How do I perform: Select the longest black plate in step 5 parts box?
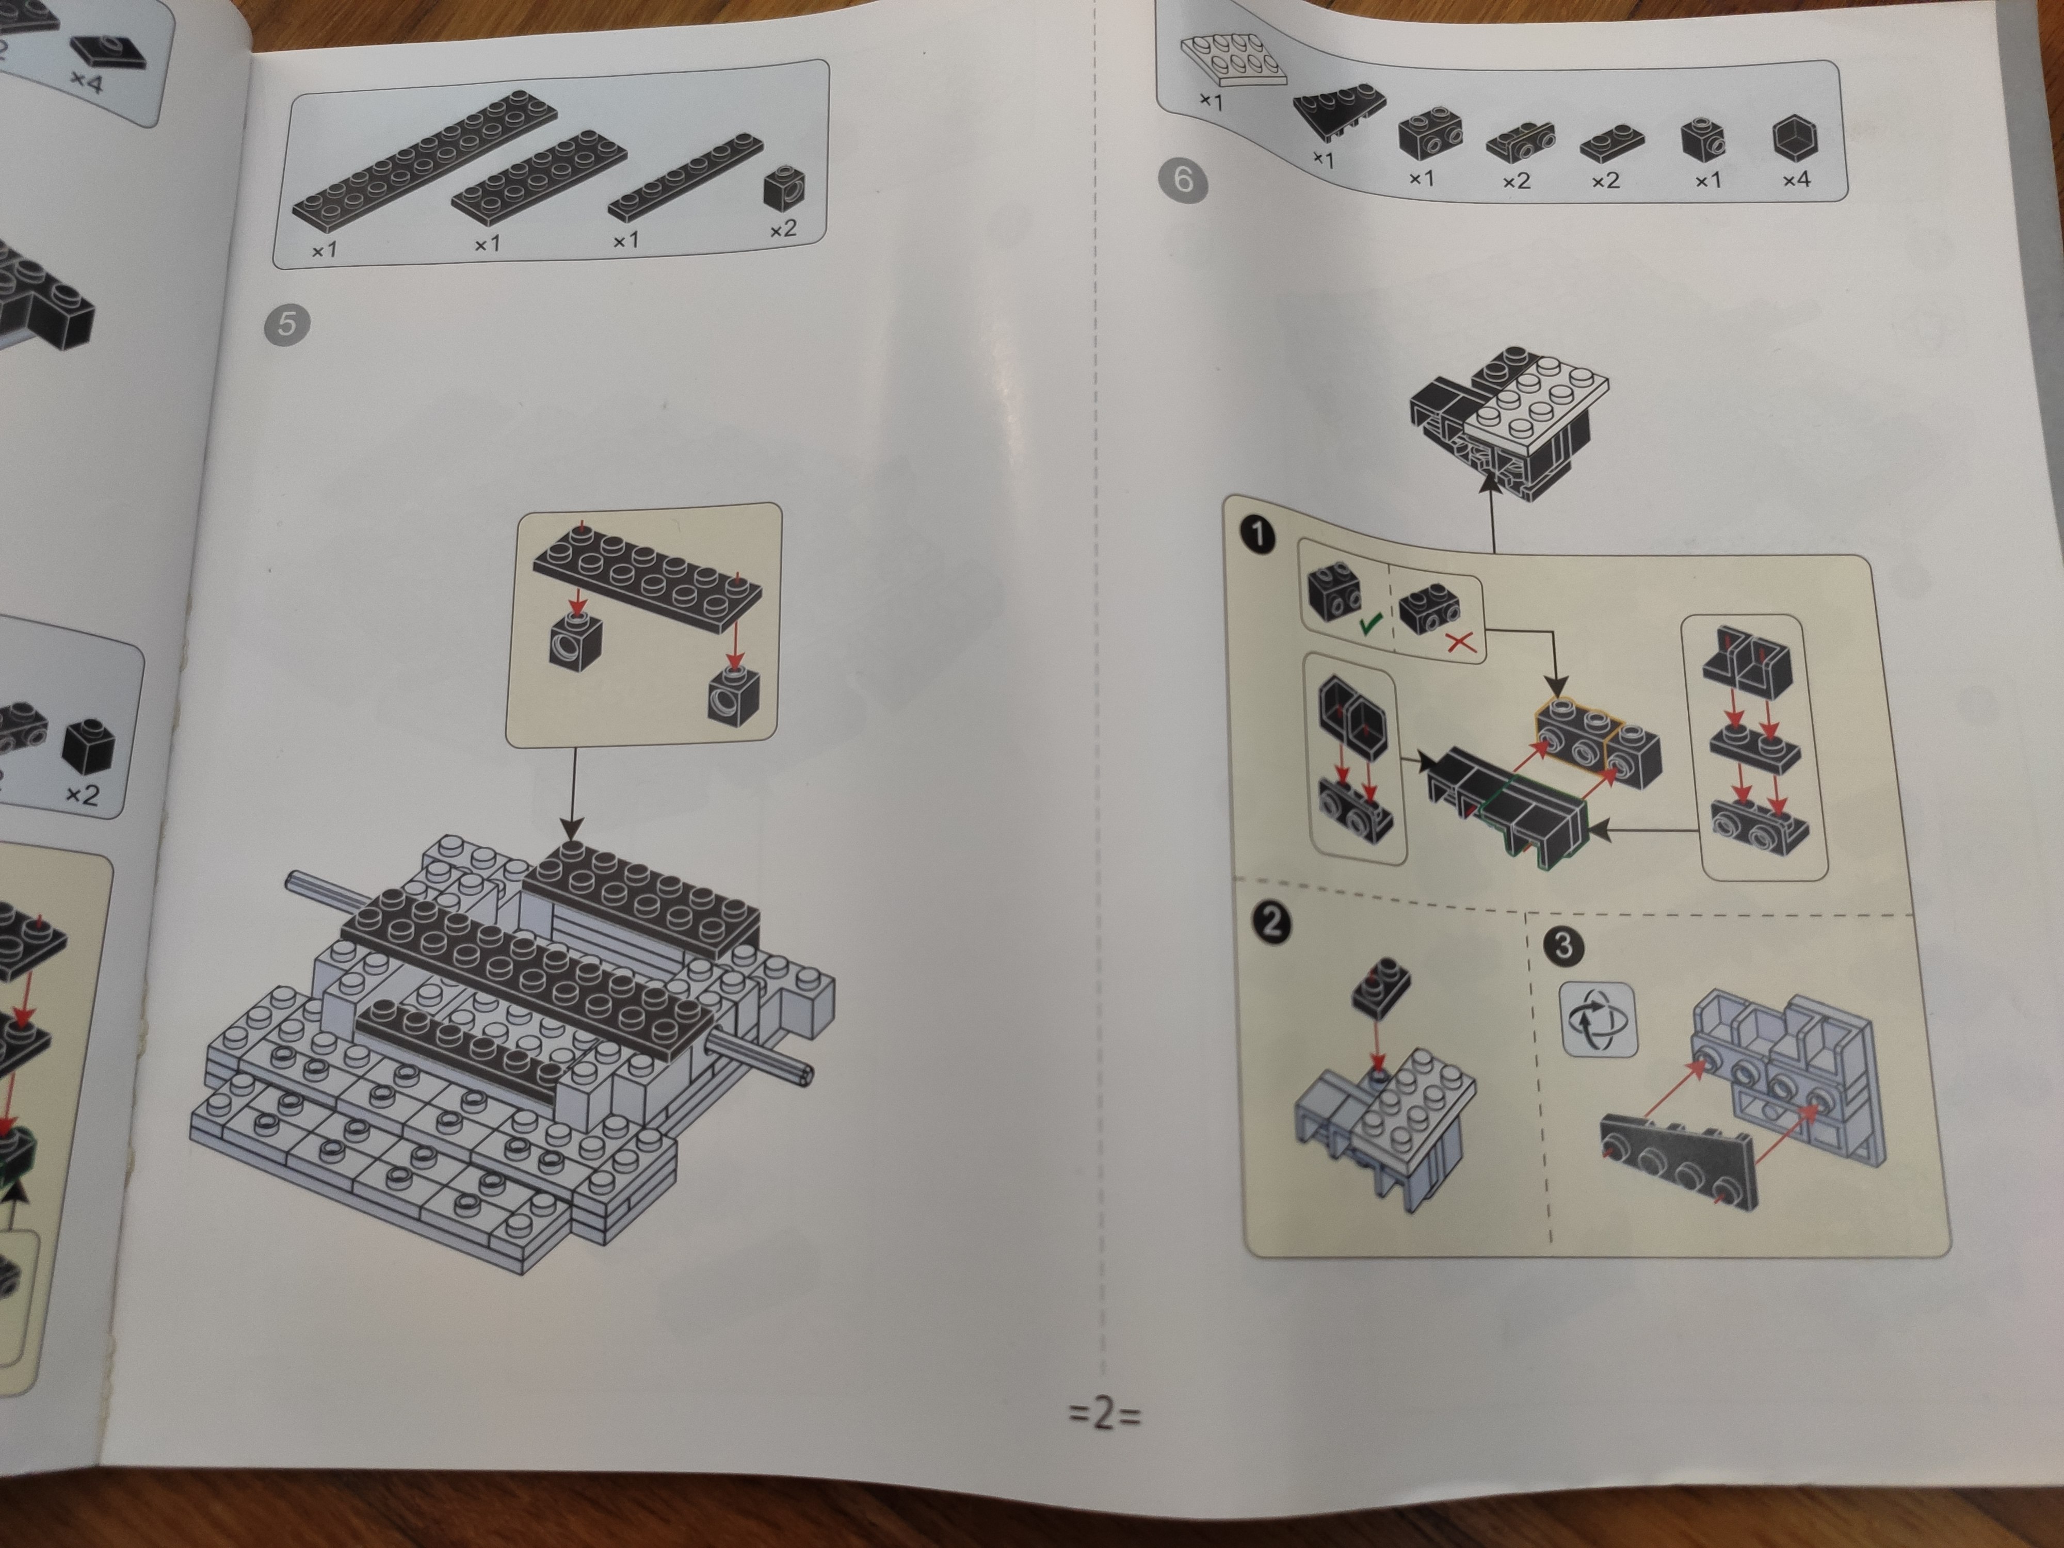pos(426,157)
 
